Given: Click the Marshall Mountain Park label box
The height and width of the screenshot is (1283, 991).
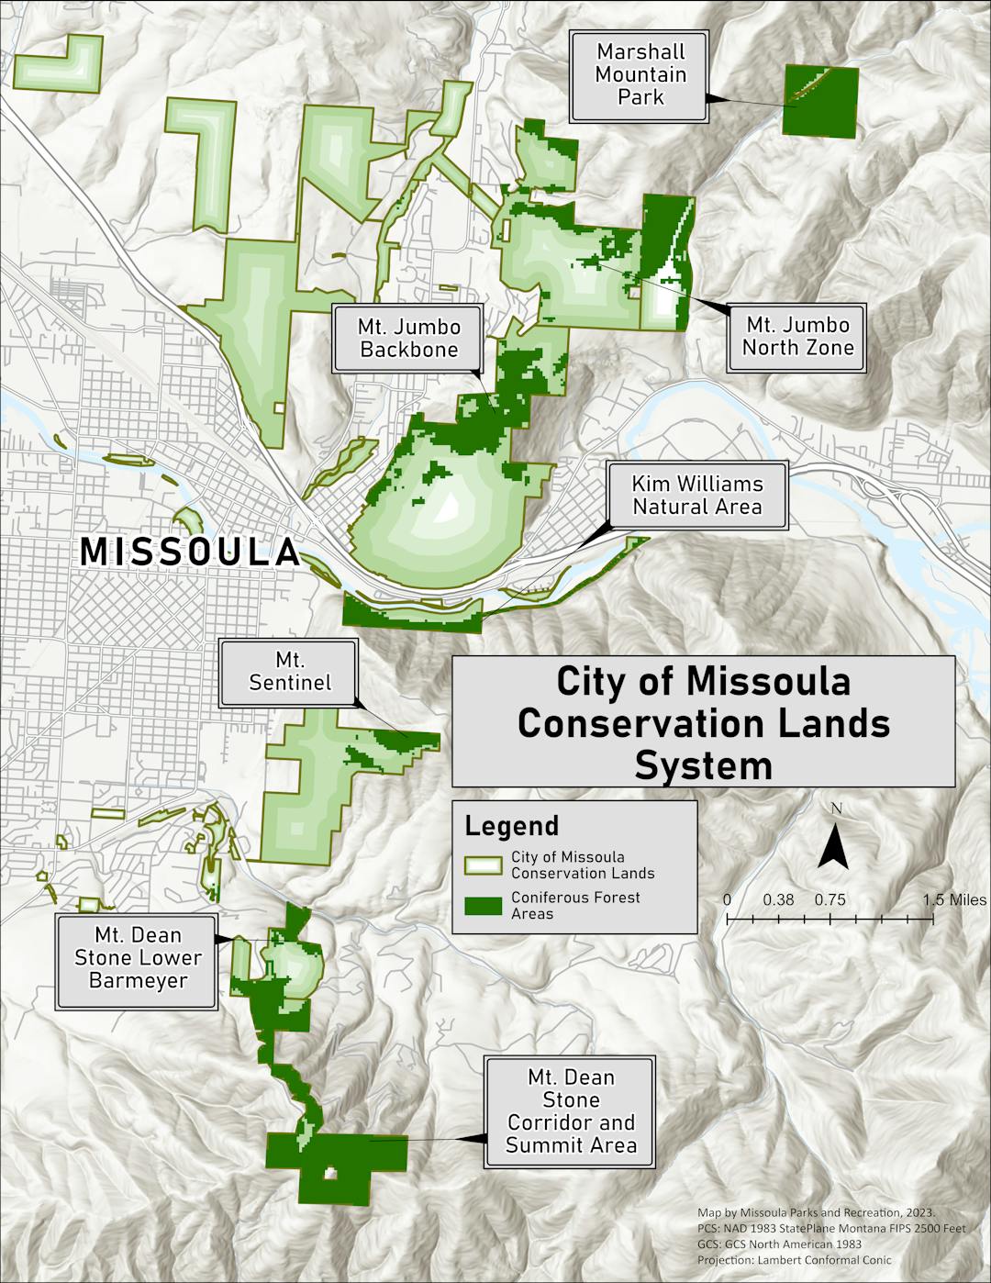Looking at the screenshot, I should point(640,75).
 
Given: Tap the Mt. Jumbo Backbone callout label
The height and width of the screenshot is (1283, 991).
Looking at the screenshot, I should point(408,338).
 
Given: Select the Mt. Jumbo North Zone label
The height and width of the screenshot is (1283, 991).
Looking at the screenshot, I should point(796,336).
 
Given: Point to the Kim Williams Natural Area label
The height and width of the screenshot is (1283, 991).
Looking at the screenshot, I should point(696,496).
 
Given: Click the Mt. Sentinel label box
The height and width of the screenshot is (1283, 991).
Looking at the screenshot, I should point(289,673).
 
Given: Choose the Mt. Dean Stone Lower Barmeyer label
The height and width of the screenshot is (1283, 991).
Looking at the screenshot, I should point(138,959).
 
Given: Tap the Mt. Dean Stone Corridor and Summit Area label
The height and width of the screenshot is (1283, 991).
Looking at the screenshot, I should point(570,1111).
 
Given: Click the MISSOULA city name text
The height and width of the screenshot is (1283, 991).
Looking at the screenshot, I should point(190,552).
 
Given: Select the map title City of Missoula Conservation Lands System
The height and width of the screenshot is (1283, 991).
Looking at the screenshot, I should point(703,723).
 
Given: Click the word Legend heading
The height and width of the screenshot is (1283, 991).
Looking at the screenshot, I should point(511,826).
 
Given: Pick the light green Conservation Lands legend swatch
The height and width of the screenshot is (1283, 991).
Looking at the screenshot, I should point(483,865).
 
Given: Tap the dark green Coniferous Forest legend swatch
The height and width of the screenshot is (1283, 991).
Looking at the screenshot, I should point(483,906).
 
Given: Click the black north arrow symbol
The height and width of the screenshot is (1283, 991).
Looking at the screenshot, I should point(833,845).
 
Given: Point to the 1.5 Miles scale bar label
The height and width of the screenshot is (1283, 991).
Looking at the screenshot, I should point(954,899).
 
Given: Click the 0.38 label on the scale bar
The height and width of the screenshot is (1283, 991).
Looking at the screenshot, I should point(778,899).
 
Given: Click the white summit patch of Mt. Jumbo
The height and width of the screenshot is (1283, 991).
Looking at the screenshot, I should point(449,507).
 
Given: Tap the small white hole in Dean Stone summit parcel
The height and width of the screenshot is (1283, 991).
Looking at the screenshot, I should point(331,1174).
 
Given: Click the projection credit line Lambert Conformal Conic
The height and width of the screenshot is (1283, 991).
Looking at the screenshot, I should point(794,1260).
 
